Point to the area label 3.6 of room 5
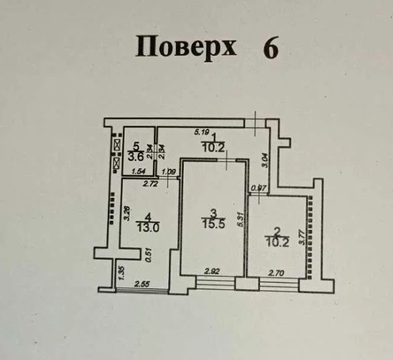click(135, 156)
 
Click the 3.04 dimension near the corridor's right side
click(263, 160)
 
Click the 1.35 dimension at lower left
click(119, 270)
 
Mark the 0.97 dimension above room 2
click(258, 189)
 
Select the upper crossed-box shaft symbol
click(117, 144)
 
